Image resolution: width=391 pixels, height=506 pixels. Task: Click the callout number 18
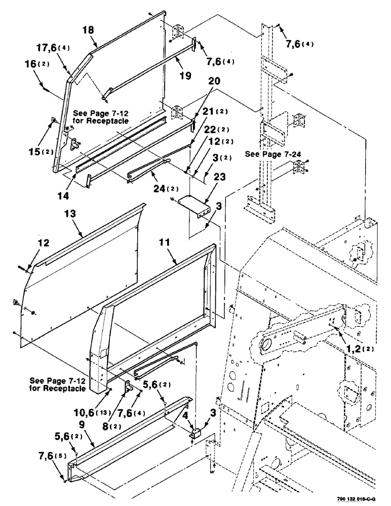pyautogui.click(x=88, y=30)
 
